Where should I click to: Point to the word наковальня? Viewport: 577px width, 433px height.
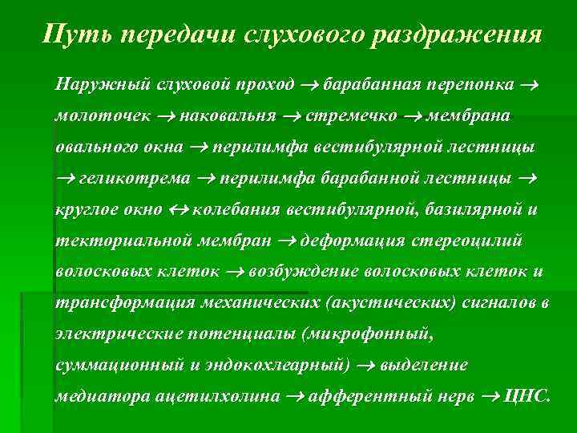point(228,116)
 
